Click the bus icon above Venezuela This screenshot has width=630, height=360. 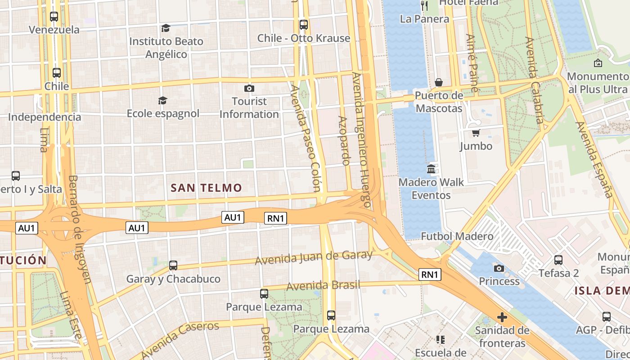54,17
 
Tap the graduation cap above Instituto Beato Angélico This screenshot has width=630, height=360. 166,28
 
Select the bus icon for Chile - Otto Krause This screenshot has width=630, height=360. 304,24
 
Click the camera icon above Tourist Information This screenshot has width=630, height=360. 249,88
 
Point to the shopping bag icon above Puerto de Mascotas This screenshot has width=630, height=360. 439,82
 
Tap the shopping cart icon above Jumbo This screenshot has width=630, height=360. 476,133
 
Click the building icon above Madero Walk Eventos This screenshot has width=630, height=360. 431,169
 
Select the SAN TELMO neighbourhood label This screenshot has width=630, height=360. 207,188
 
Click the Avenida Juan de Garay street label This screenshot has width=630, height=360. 314,257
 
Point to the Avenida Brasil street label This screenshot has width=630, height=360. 323,285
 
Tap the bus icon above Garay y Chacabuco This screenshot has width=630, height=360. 173,265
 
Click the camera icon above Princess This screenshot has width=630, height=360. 499,269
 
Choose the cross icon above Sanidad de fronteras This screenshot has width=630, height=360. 502,317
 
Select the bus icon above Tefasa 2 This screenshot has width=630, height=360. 558,260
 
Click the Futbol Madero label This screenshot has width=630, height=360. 457,236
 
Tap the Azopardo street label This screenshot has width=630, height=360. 344,140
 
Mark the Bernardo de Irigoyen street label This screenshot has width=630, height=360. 80,229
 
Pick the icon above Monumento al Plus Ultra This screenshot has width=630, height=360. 598,63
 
